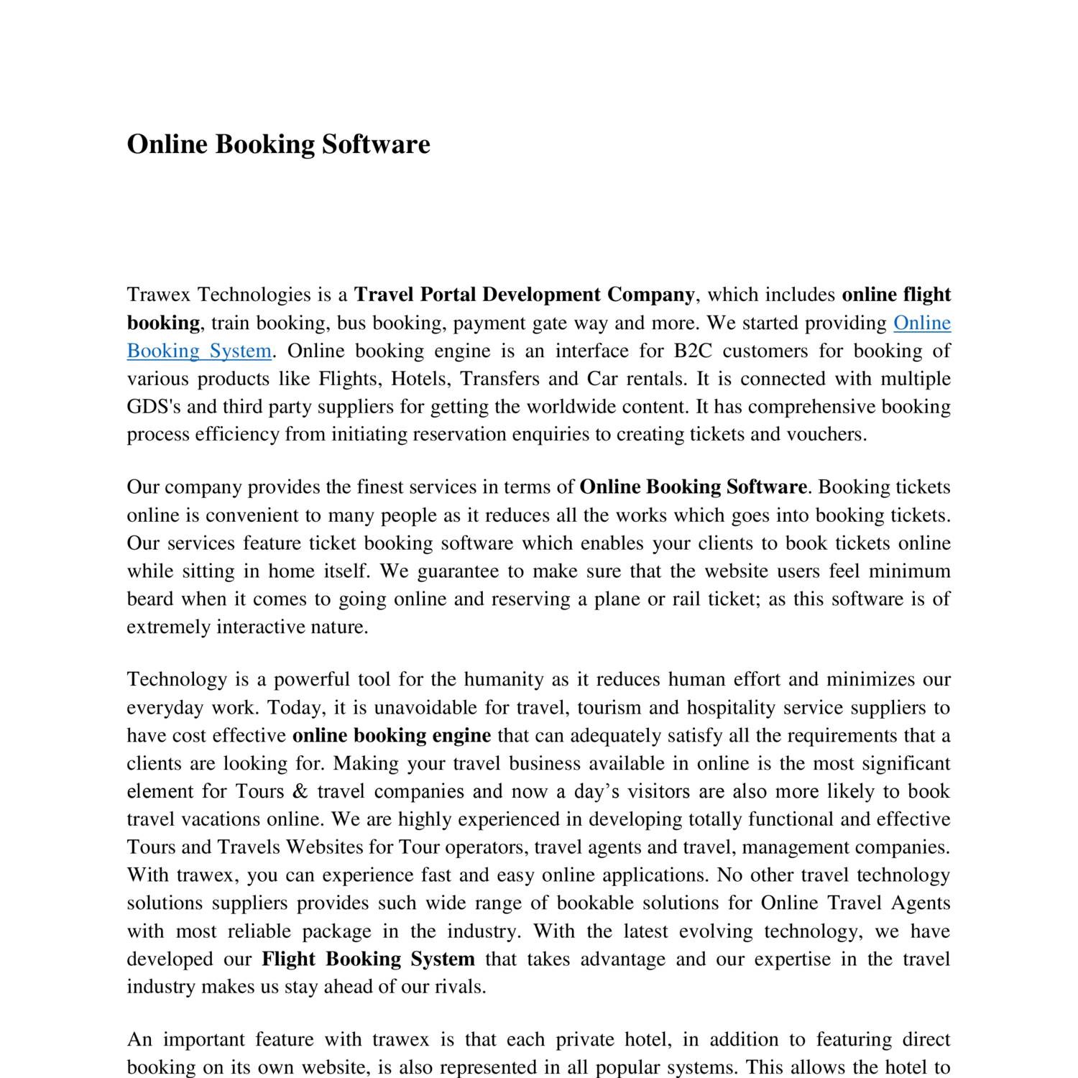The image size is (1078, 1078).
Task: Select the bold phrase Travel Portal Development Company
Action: pyautogui.click(x=525, y=295)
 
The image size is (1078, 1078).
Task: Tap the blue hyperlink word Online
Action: pyautogui.click(x=921, y=323)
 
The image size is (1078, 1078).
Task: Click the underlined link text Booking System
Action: pyautogui.click(x=199, y=351)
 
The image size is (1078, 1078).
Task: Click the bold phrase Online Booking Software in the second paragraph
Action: pyautogui.click(x=693, y=487)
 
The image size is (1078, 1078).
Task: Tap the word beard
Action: pyautogui.click(x=149, y=599)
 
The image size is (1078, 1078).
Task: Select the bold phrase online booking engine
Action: pyautogui.click(x=392, y=735)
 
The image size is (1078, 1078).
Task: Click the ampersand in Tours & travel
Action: pyautogui.click(x=300, y=791)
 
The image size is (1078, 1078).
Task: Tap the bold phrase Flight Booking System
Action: pyautogui.click(x=368, y=959)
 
